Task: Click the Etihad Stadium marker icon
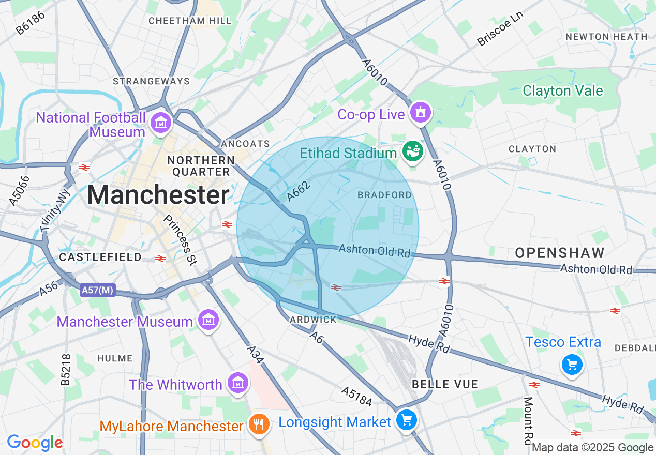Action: (x=413, y=151)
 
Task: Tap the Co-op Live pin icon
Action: (x=420, y=113)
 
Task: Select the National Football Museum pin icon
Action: (x=160, y=123)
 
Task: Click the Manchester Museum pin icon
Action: (x=208, y=321)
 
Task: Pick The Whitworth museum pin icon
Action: (x=237, y=383)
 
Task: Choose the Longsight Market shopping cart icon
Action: (x=406, y=420)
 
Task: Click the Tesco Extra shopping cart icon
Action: (x=572, y=366)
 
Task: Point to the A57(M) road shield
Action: (x=97, y=291)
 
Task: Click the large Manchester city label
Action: (x=158, y=195)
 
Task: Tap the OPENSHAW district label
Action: (x=560, y=253)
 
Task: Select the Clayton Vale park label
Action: (x=563, y=91)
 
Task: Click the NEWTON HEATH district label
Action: (x=606, y=37)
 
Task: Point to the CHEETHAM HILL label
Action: (x=190, y=21)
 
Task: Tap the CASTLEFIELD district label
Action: (x=100, y=257)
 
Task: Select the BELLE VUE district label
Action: (x=445, y=384)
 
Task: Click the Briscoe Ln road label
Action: (x=500, y=28)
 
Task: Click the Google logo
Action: (x=35, y=443)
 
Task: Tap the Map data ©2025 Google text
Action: (x=593, y=448)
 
